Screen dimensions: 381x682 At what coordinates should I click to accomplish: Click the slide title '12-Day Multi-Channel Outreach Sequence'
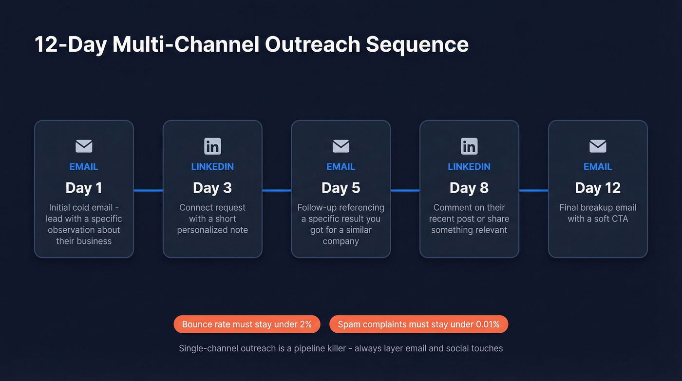tap(251, 44)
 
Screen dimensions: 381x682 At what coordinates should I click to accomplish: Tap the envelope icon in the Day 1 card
tap(84, 146)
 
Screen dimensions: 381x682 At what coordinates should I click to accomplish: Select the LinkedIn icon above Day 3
tap(212, 146)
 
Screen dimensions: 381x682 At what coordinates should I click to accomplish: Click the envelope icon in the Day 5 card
tap(341, 146)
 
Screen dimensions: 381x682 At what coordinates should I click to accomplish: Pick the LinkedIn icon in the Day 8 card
tap(469, 146)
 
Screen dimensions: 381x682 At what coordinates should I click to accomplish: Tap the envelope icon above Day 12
tap(598, 146)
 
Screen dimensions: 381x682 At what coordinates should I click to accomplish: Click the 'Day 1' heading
tap(84, 188)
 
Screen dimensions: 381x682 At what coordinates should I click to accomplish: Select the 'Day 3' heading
tap(212, 188)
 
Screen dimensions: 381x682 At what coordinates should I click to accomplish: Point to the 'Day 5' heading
tap(341, 188)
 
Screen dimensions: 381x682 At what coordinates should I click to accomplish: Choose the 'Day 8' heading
tap(469, 188)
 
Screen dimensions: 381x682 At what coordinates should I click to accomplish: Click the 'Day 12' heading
tap(598, 188)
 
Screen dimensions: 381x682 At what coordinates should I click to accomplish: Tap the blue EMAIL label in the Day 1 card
tap(84, 167)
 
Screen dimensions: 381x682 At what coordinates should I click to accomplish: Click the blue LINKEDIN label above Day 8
tap(469, 167)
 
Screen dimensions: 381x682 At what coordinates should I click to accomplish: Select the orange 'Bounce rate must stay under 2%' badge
tap(246, 324)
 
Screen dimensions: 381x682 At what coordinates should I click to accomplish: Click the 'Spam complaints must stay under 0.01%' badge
tap(418, 324)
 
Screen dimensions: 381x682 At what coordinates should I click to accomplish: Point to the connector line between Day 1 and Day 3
tap(148, 190)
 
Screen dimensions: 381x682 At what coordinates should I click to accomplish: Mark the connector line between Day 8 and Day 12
tap(533, 190)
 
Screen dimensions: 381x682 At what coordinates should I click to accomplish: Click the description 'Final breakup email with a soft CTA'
tap(598, 213)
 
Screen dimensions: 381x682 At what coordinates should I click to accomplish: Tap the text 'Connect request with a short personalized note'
tap(212, 219)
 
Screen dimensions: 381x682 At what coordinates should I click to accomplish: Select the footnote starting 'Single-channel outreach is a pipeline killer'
tap(341, 348)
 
